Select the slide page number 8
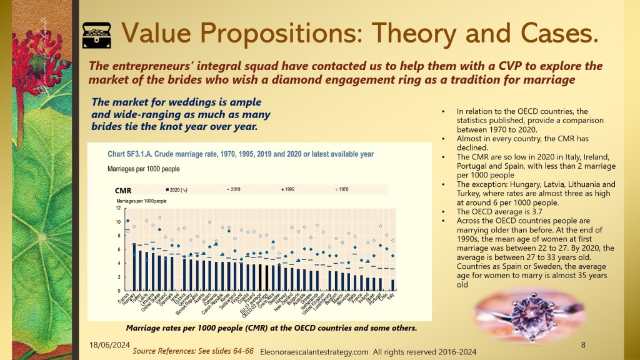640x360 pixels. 582,344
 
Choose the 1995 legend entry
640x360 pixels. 287,188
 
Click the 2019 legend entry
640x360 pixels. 232,188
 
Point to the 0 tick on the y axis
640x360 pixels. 118,291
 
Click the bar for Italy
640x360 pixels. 392,285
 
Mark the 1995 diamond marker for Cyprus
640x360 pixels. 128,221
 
